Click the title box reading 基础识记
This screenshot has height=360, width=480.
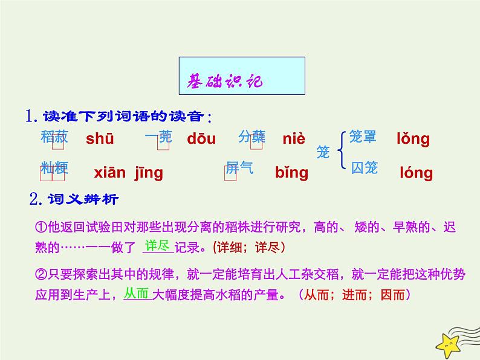[242, 76]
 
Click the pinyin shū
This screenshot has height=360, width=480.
[99, 139]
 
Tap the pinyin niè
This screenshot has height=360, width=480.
[294, 139]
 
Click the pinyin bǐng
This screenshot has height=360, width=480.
[291, 173]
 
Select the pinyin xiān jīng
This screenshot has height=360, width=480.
[128, 173]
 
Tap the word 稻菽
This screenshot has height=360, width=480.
[54, 137]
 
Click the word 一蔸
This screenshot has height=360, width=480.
[158, 137]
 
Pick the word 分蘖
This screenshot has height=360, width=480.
[251, 137]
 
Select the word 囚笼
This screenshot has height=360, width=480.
[365, 167]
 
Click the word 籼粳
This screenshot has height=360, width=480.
[54, 168]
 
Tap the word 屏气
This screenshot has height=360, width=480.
[239, 167]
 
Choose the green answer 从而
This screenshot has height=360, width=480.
[136, 294]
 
